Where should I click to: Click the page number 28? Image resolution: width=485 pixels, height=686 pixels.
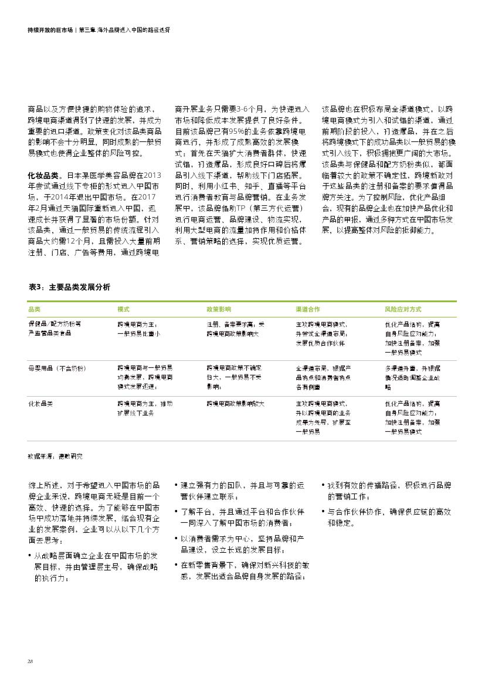pyautogui.click(x=30, y=661)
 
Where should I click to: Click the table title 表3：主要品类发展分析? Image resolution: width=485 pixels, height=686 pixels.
pyautogui.click(x=69, y=286)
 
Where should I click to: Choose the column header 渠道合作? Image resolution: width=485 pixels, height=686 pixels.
pyautogui.click(x=307, y=309)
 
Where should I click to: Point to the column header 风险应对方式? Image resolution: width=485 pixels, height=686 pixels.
pyautogui.click(x=402, y=309)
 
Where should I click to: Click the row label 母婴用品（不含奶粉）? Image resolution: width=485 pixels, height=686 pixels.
pyautogui.click(x=57, y=368)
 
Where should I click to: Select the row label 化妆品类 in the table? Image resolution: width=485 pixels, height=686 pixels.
pyautogui.click(x=40, y=404)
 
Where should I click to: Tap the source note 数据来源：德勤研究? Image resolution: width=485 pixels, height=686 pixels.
pyautogui.click(x=55, y=455)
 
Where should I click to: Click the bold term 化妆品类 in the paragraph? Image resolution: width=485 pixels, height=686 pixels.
pyautogui.click(x=43, y=175)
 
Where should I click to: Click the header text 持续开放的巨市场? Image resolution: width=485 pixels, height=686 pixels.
pyautogui.click(x=50, y=29)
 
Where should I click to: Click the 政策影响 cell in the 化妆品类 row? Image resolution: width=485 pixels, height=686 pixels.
pyautogui.click(x=235, y=404)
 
